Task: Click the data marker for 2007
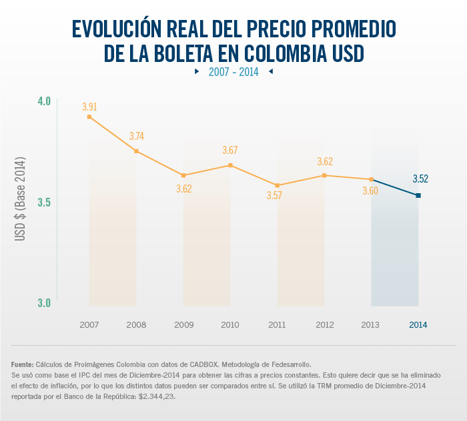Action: [89, 117]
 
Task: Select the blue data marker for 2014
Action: [418, 195]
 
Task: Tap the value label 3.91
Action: [89, 107]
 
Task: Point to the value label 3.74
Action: [136, 137]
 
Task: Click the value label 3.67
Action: [230, 151]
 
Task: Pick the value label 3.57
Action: [274, 195]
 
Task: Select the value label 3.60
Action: [370, 191]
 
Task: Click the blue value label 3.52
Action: [420, 179]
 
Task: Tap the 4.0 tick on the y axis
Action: [44, 101]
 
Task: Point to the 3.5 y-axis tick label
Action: [44, 203]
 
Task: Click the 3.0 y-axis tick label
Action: [44, 303]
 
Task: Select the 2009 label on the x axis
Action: [183, 325]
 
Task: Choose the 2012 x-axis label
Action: [324, 325]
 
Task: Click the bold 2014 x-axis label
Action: [418, 325]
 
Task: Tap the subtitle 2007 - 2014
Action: [233, 71]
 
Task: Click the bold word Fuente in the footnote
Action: [23, 365]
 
